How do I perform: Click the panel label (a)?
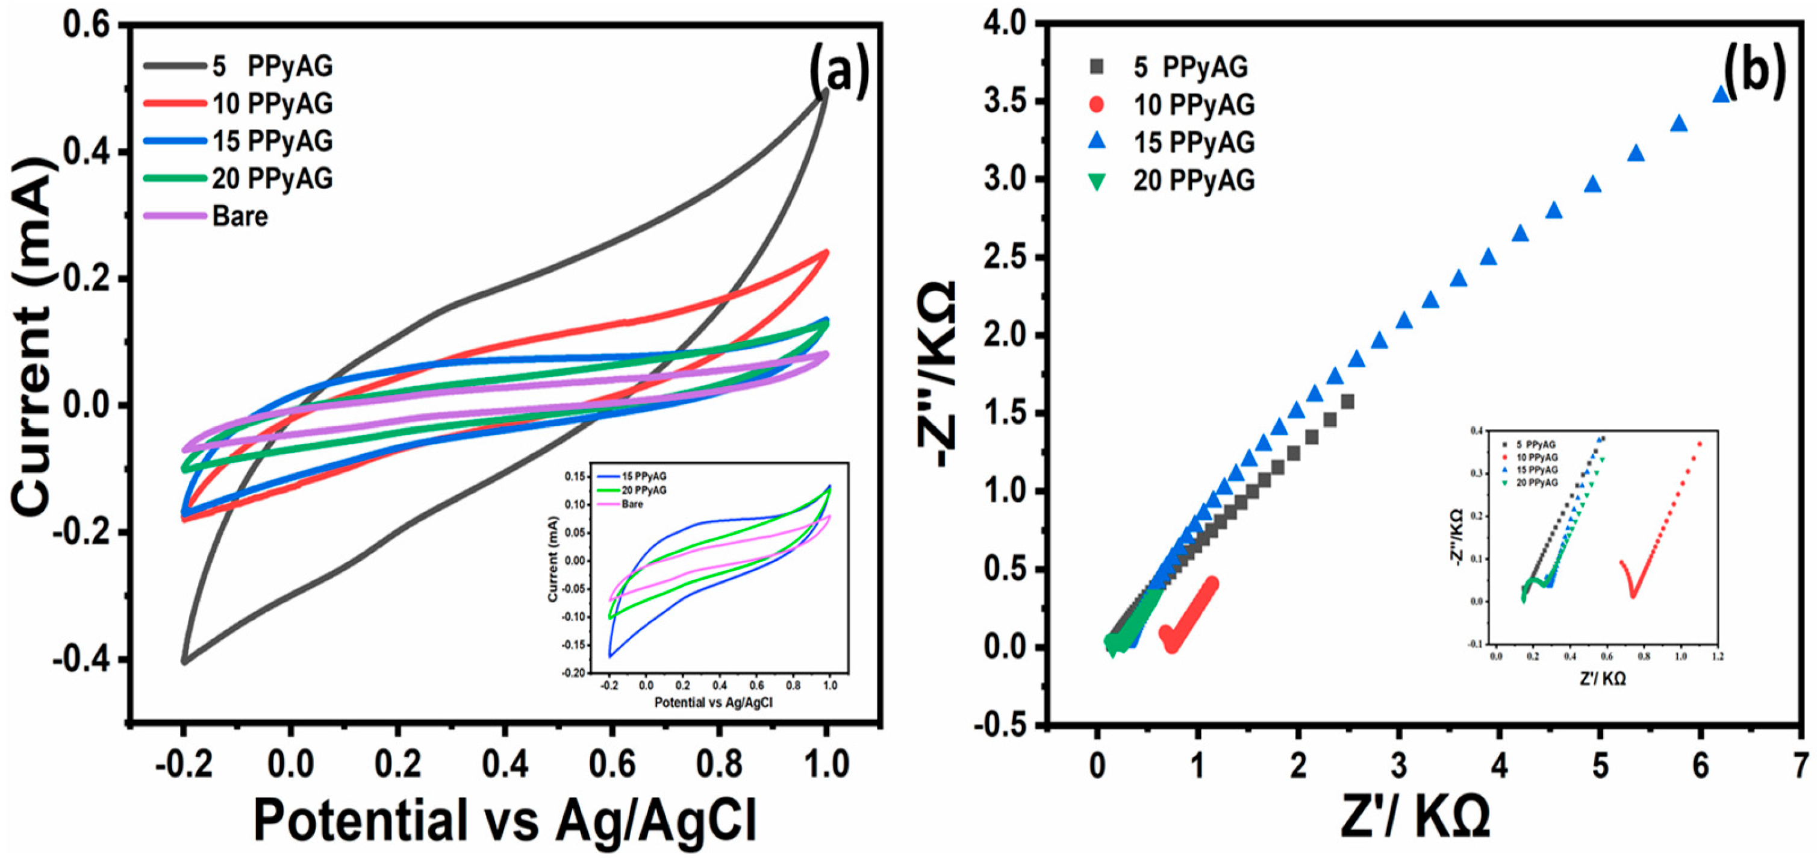pyautogui.click(x=839, y=84)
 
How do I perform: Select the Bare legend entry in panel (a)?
pyautogui.click(x=240, y=216)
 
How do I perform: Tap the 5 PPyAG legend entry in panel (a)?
pyautogui.click(x=272, y=66)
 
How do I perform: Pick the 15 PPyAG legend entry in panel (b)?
pyautogui.click(x=1194, y=142)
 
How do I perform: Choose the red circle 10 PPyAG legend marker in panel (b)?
pyautogui.click(x=1097, y=104)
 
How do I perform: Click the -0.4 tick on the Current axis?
pyautogui.click(x=79, y=660)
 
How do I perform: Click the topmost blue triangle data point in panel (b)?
pyautogui.click(x=1721, y=94)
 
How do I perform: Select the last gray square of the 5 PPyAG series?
pyautogui.click(x=1347, y=402)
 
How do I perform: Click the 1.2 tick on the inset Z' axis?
pyautogui.click(x=1718, y=656)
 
